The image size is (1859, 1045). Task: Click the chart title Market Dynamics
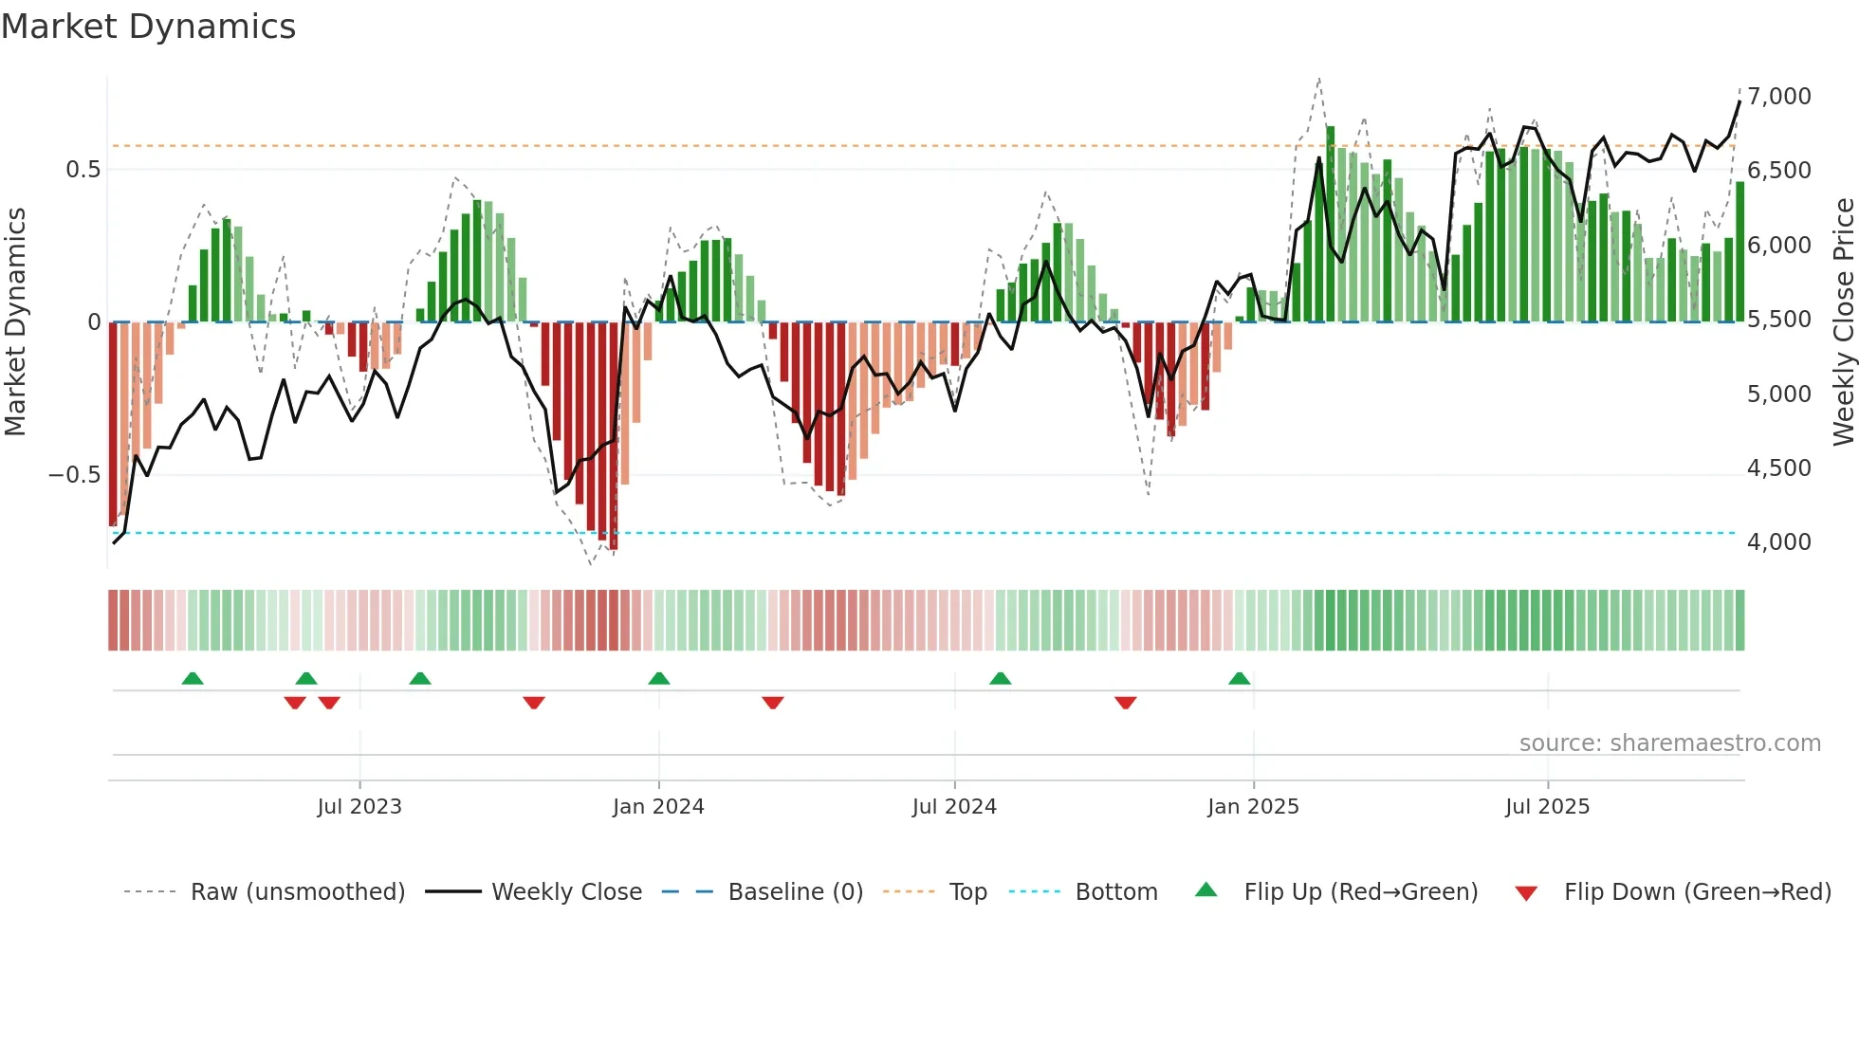[x=148, y=27]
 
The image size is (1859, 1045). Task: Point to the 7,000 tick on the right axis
[x=1778, y=96]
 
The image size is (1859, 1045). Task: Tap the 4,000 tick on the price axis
[x=1778, y=541]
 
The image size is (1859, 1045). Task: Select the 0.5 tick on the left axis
[x=83, y=170]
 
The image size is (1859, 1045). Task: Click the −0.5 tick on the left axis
[x=74, y=474]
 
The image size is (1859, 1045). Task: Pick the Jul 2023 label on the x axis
[x=359, y=807]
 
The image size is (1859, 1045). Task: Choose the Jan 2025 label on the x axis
[x=1253, y=807]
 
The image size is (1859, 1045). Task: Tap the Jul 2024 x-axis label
[x=954, y=807]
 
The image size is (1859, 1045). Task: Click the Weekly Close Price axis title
[x=1843, y=321]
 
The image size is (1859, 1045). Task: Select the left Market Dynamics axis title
[x=15, y=321]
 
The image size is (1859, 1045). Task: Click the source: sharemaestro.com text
[x=1669, y=743]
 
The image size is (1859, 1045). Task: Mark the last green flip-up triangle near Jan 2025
[x=1239, y=678]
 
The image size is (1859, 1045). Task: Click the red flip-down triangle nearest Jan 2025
[x=1126, y=703]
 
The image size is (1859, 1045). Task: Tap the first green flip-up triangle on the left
[x=193, y=678]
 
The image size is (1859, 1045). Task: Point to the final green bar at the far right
[x=1739, y=252]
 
